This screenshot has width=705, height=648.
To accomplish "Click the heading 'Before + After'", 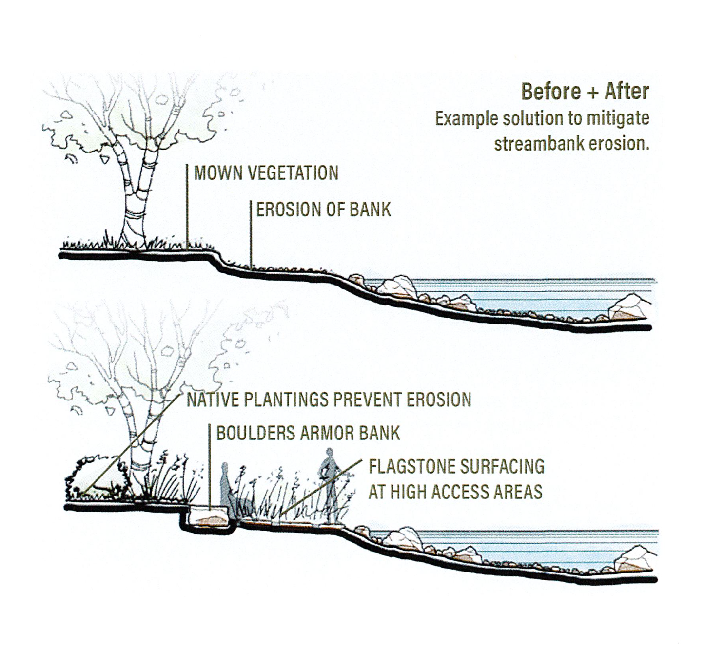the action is [x=585, y=92].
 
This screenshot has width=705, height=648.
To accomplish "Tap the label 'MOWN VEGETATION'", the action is [x=266, y=173].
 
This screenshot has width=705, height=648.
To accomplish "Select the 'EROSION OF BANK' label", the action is [x=323, y=210].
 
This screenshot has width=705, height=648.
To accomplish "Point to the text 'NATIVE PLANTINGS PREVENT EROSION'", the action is [x=329, y=400].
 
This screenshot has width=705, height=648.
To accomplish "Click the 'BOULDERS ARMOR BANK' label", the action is [x=308, y=433].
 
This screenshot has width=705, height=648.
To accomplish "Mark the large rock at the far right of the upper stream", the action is [x=628, y=307].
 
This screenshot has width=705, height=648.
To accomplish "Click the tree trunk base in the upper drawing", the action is [x=133, y=239].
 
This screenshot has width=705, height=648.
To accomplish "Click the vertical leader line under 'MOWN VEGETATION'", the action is [x=187, y=207].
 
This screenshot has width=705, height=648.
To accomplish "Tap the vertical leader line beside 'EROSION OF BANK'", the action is [x=251, y=234].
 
